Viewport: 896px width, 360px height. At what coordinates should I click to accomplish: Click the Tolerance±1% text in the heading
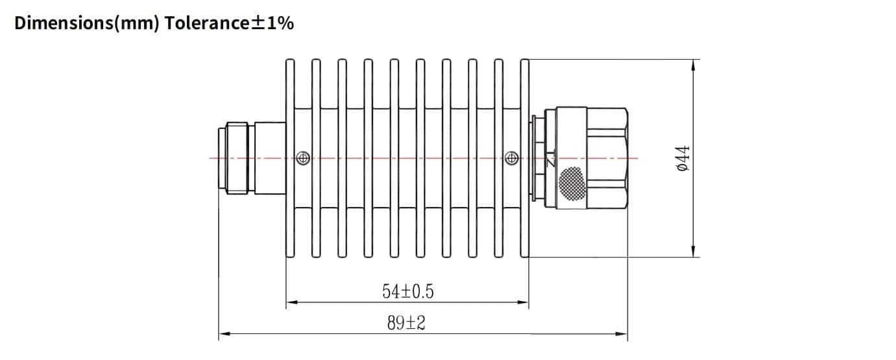[x=229, y=23]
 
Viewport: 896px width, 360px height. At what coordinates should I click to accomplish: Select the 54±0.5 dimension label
[x=407, y=292]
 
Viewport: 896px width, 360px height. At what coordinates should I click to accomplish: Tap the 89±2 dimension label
[x=406, y=322]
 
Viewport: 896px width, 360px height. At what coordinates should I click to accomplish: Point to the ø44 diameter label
[x=682, y=158]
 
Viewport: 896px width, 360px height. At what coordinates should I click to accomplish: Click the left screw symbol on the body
[x=302, y=158]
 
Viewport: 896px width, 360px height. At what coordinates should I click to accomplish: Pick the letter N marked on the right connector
[x=551, y=160]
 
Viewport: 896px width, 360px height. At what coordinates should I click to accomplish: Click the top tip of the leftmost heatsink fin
[x=291, y=61]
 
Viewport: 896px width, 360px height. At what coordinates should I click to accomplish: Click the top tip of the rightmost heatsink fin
[x=525, y=61]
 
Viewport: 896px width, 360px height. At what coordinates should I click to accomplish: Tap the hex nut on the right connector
[x=607, y=158]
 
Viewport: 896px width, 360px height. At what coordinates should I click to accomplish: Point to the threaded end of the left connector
[x=231, y=158]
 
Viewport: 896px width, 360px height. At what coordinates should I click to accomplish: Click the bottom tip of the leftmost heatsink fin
[x=291, y=256]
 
